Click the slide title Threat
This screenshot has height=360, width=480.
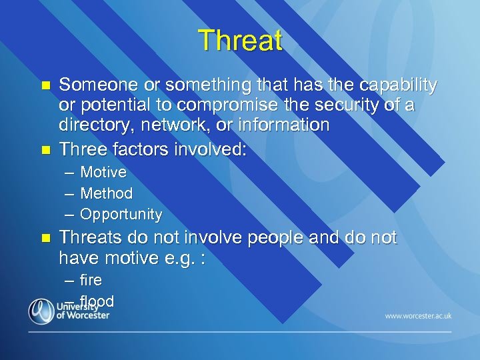240,41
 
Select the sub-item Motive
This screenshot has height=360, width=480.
103,173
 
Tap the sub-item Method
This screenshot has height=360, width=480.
107,193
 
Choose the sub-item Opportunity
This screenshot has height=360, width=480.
121,215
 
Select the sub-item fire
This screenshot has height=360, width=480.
91,280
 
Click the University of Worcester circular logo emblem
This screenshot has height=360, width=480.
41,311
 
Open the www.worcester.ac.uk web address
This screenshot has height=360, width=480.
418,315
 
